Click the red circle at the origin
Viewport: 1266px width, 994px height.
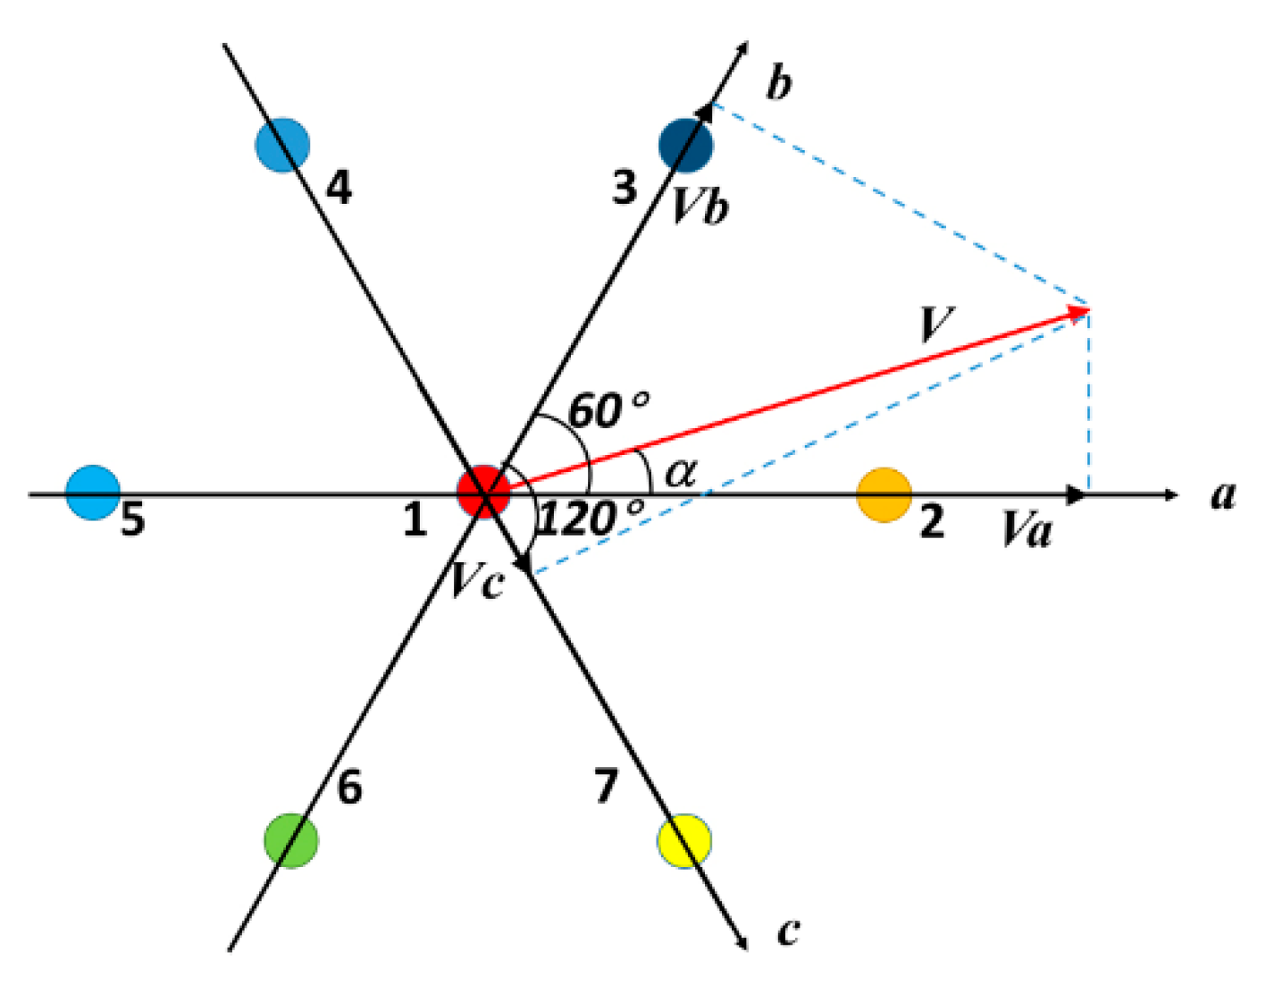(x=483, y=492)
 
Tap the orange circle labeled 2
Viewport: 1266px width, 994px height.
(x=884, y=493)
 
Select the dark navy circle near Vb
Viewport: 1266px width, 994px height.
(x=685, y=145)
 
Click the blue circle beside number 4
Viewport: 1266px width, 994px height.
(x=282, y=144)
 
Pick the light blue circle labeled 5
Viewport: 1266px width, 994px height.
(x=93, y=493)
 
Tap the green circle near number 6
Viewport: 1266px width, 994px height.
(x=291, y=840)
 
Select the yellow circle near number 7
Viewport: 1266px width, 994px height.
(x=683, y=841)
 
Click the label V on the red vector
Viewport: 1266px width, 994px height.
(x=936, y=324)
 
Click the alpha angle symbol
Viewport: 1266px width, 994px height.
(x=680, y=471)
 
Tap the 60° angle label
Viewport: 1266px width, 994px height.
(x=608, y=410)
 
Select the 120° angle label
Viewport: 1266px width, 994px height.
(x=590, y=518)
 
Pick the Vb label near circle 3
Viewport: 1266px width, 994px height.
(x=700, y=207)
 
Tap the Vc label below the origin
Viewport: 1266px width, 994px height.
(x=476, y=581)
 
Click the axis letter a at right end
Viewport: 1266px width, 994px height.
(x=1223, y=494)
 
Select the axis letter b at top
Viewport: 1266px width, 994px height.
(x=778, y=83)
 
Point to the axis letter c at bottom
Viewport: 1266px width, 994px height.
(x=787, y=931)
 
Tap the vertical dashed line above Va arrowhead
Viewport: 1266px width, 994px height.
(x=1087, y=402)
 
